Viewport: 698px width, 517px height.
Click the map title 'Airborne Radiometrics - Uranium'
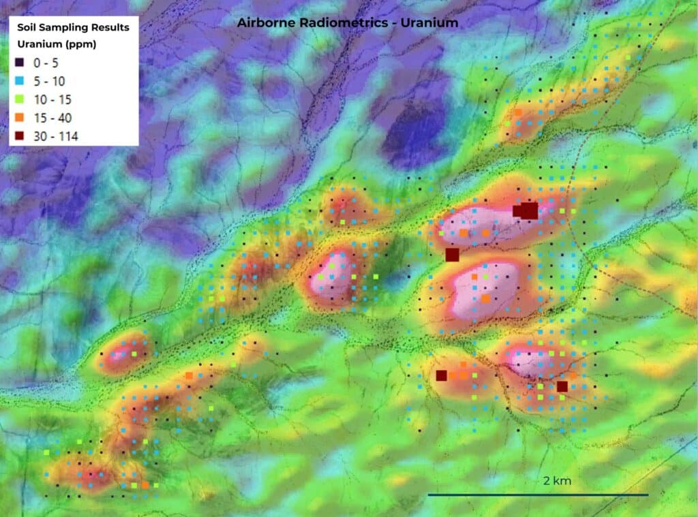coord(348,22)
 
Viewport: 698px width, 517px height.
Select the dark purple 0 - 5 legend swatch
coord(20,62)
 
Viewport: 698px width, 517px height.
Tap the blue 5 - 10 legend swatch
coord(20,80)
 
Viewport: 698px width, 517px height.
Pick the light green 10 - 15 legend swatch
coord(20,99)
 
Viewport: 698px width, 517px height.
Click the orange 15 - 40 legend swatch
coord(20,118)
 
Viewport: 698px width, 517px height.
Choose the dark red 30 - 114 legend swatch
coord(20,136)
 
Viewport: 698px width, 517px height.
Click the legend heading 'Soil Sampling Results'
coord(72,27)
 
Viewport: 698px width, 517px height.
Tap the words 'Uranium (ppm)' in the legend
coord(56,45)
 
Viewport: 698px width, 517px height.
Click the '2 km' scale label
coord(557,481)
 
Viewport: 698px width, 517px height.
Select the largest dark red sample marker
coord(530,210)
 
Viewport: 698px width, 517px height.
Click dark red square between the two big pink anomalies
coord(452,255)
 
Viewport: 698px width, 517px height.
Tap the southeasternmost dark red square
coord(562,386)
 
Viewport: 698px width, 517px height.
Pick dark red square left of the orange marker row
coord(441,375)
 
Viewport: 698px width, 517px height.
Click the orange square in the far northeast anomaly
coord(518,112)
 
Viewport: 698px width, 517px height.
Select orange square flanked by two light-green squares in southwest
coord(145,484)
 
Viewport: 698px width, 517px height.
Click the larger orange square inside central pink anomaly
coord(485,298)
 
